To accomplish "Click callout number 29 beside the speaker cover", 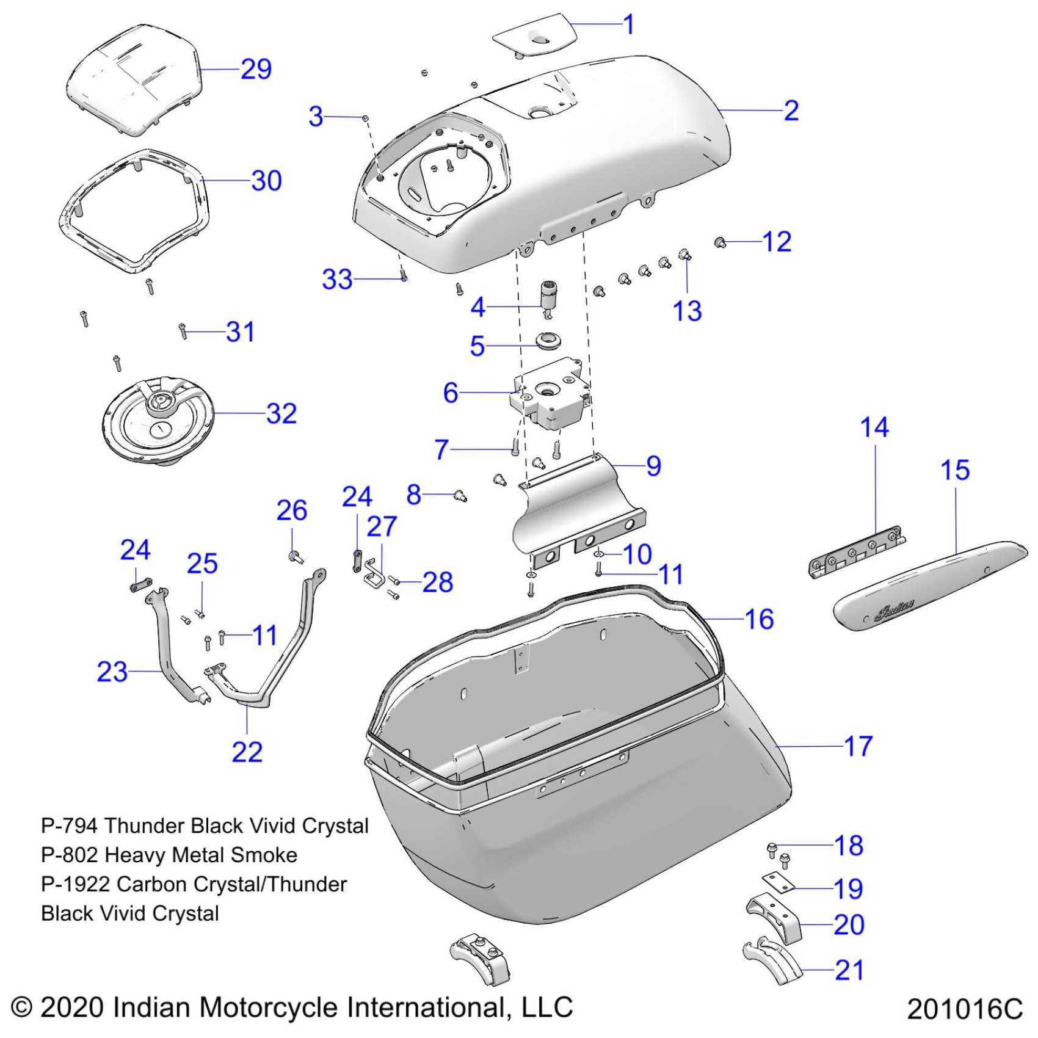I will (256, 69).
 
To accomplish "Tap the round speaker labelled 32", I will (158, 419).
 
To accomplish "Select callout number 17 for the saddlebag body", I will (858, 746).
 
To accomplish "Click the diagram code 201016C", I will (964, 1009).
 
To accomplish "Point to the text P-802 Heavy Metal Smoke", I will (169, 855).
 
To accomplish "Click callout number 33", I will (337, 280).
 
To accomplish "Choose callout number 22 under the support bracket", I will (247, 752).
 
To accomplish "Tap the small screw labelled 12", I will (720, 243).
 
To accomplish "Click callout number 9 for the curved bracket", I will (653, 466).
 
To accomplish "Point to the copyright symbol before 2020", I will (22, 1007).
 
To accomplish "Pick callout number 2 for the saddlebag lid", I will (791, 111).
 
